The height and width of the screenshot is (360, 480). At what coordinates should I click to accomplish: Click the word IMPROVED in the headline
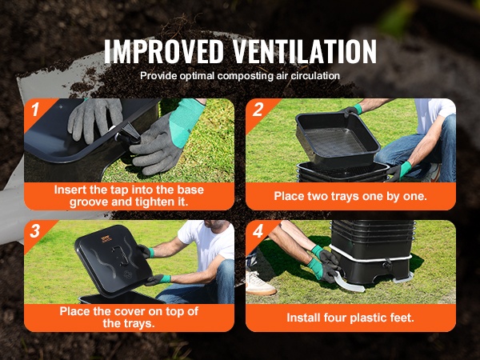164,51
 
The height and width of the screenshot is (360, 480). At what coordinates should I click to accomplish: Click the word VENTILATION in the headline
306,51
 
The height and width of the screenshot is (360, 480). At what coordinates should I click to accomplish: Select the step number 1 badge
35,110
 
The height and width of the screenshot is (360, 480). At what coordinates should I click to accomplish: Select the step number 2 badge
258,110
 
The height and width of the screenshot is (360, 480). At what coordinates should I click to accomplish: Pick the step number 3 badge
35,231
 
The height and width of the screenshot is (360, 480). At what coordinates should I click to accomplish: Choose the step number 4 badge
258,231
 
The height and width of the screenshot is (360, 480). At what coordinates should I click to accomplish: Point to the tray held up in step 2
338,138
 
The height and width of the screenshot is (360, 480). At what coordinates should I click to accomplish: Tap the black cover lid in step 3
114,261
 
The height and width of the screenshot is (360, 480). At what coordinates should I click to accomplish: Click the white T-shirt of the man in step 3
208,242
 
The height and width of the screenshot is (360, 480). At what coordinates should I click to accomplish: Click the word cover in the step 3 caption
130,312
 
